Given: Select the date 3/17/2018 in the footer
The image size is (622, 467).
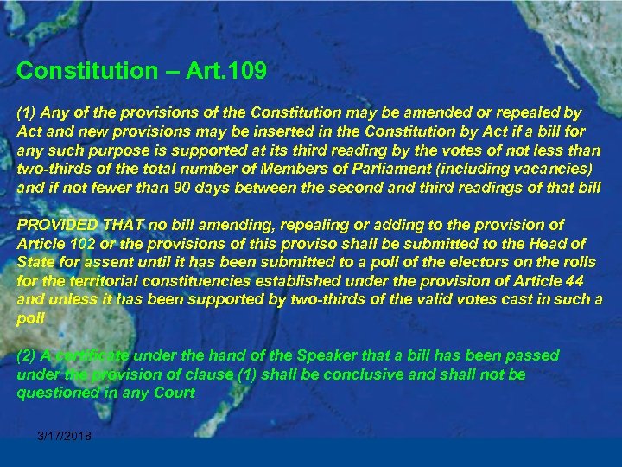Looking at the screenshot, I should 65,436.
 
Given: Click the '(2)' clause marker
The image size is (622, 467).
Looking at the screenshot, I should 27,355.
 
